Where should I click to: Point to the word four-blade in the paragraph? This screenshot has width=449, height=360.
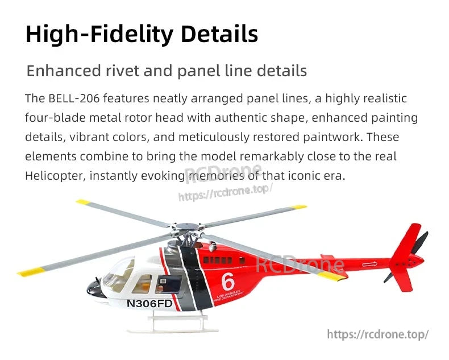click(x=52, y=118)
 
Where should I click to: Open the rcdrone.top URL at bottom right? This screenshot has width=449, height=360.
click(x=378, y=334)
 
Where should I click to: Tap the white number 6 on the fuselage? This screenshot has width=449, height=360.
click(x=228, y=282)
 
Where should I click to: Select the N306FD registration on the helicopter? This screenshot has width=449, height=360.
click(x=149, y=303)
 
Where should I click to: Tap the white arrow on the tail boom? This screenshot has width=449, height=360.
click(x=369, y=264)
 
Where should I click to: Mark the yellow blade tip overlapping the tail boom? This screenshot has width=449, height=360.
click(x=331, y=277)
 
